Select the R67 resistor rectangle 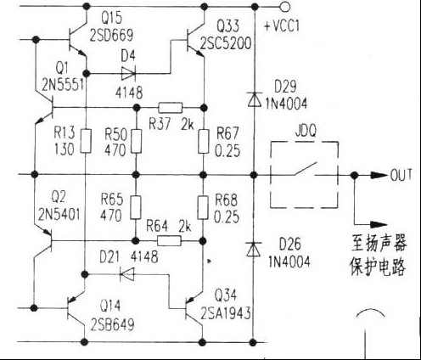coord(204,140)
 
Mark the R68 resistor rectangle coord(204,208)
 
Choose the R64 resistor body coord(171,240)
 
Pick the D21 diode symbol coord(129,273)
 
